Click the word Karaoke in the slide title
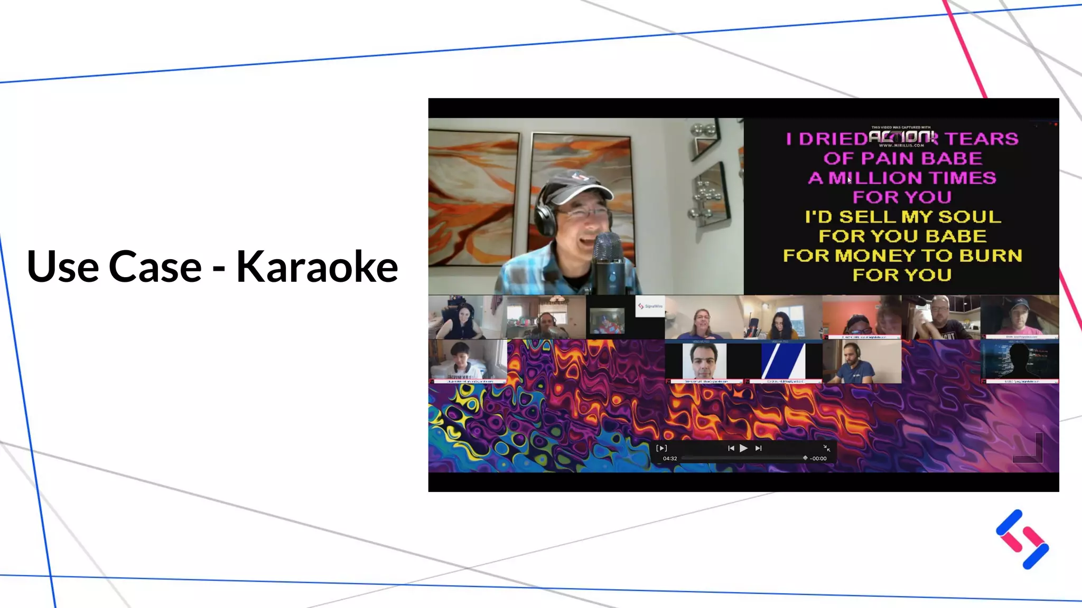click(317, 267)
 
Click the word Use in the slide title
click(62, 267)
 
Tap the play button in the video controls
click(743, 448)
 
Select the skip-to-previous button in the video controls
click(731, 448)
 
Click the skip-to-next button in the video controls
click(758, 448)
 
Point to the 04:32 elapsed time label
click(670, 459)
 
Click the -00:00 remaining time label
click(818, 459)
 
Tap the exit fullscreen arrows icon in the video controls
click(827, 448)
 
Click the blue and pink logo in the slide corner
click(1022, 539)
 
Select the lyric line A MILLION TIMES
click(902, 178)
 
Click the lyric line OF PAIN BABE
click(902, 158)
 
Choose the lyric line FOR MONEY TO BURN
click(902, 255)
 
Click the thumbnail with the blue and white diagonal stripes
click(783, 362)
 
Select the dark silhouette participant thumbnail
click(1020, 362)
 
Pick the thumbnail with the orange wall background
click(862, 317)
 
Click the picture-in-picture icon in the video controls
click(661, 448)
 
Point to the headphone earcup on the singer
click(544, 216)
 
